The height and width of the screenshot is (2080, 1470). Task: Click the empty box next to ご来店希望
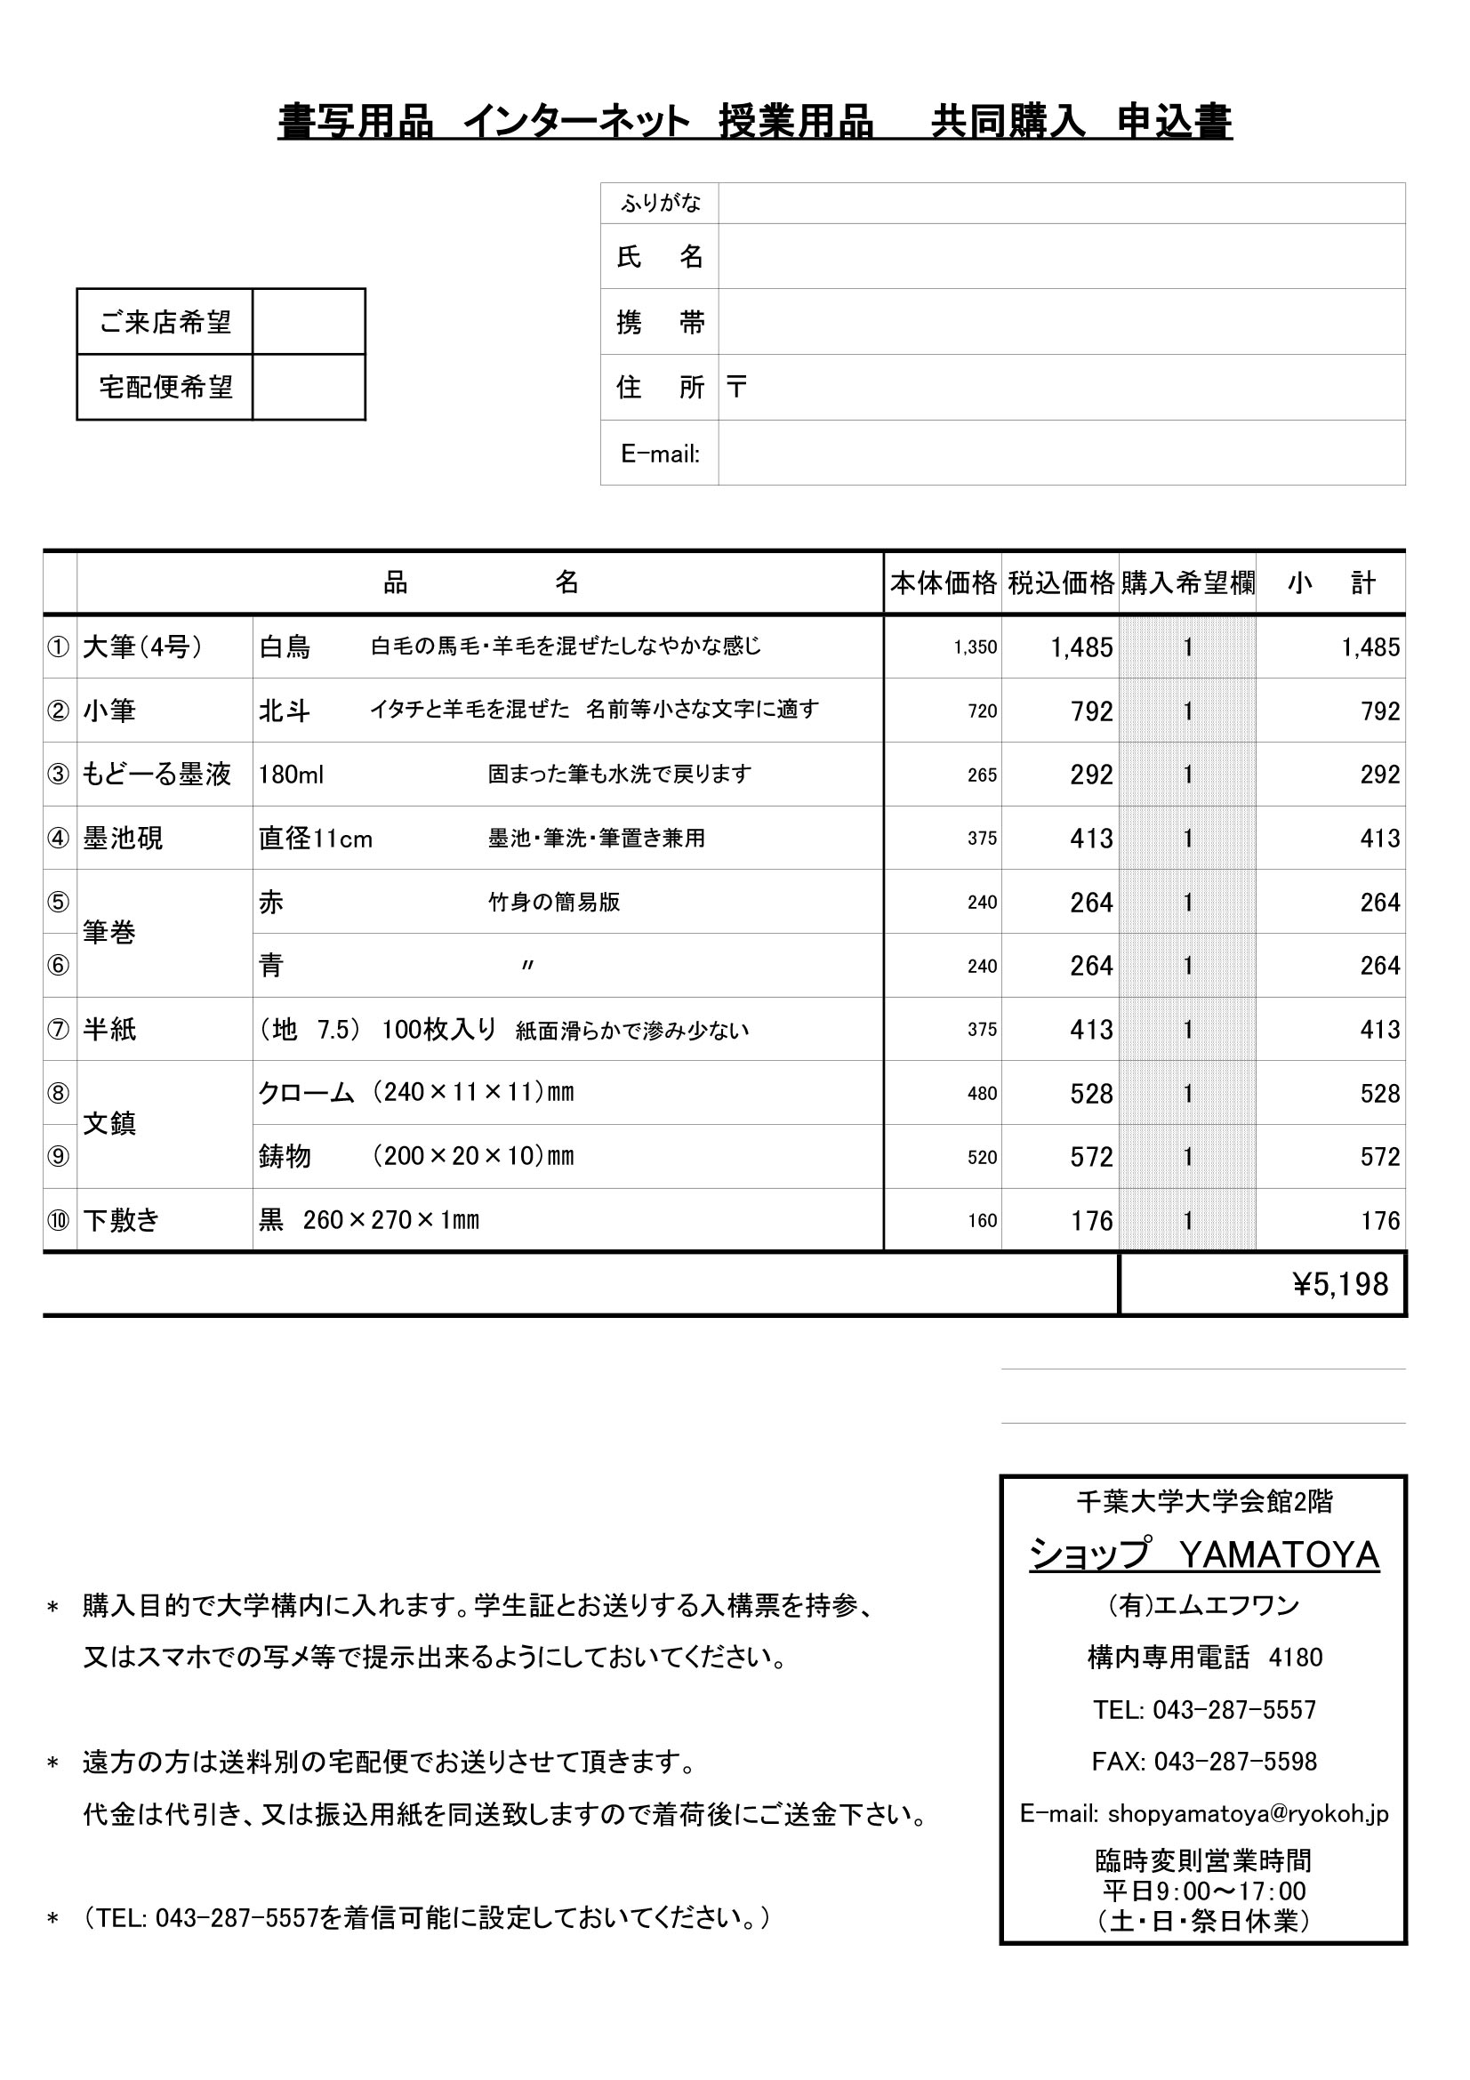308,322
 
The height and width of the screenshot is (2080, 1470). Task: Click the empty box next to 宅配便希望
308,387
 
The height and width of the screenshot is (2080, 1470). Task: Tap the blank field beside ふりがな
1061,203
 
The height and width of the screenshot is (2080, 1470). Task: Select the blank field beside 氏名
1061,256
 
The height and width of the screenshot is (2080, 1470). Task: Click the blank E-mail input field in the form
1061,453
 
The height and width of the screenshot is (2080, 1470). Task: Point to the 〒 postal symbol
736,388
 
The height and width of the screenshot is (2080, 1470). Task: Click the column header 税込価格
1061,582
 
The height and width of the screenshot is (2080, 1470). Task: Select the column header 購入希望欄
1187,582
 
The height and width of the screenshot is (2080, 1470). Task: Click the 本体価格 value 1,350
975,647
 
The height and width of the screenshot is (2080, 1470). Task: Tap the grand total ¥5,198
1339,1285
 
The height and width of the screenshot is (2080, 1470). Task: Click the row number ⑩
58,1220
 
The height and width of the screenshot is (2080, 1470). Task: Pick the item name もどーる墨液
157,775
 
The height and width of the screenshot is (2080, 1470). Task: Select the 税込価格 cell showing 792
1091,711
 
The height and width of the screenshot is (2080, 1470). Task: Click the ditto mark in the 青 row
527,966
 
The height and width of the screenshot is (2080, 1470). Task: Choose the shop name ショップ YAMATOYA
1204,1555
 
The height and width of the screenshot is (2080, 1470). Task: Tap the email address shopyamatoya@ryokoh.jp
1247,1812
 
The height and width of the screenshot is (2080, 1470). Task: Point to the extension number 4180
1295,1658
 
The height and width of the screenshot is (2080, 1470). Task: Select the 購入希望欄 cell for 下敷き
1187,1220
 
